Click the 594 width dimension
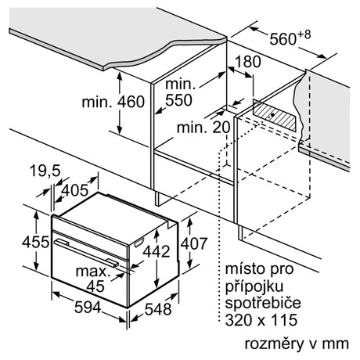pyautogui.click(x=88, y=307)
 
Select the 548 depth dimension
pyautogui.click(x=158, y=309)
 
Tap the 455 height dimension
pyautogui.click(x=35, y=242)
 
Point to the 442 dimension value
pyautogui.click(x=157, y=251)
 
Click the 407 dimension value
pyautogui.click(x=194, y=243)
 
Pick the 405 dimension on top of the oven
pyautogui.click(x=75, y=190)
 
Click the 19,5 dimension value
pyautogui.click(x=45, y=171)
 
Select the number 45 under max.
pyautogui.click(x=95, y=286)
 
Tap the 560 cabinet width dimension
pyautogui.click(x=283, y=39)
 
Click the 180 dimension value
pyautogui.click(x=248, y=62)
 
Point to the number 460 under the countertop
pyautogui.click(x=131, y=102)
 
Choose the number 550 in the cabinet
pyautogui.click(x=178, y=100)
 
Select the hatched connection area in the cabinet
pyautogui.click(x=275, y=115)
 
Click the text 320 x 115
pyautogui.click(x=261, y=319)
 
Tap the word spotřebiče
pyautogui.click(x=263, y=303)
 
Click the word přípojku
pyautogui.click(x=254, y=286)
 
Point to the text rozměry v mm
pyautogui.click(x=297, y=344)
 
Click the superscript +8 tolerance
pyautogui.click(x=304, y=34)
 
